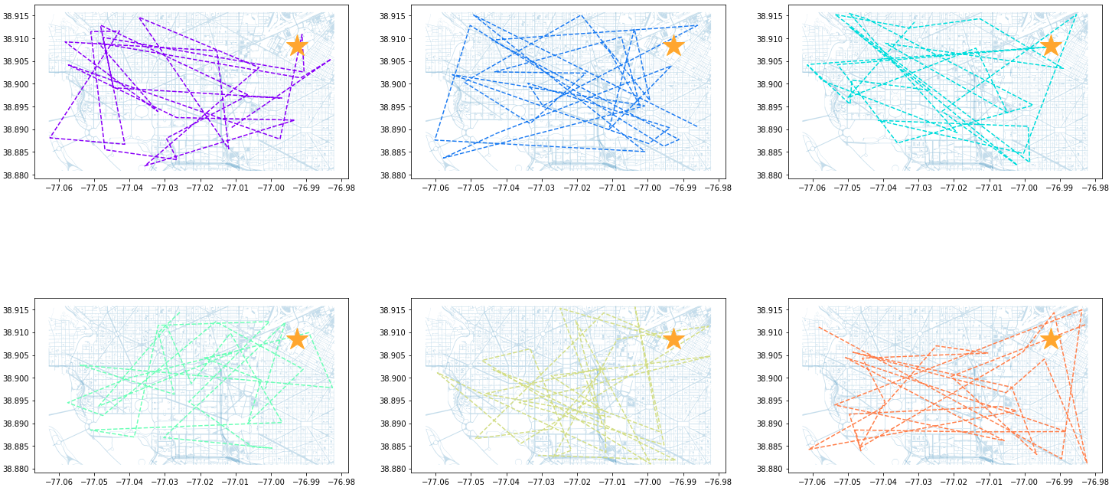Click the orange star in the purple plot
pos(297,45)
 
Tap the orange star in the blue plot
pos(673,45)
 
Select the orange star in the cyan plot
pos(1051,45)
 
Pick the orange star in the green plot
pos(297,339)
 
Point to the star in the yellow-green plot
pos(673,339)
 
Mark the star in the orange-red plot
pos(1051,339)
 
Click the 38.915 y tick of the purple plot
pos(15,16)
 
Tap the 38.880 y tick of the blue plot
pos(392,175)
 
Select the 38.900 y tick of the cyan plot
pos(769,84)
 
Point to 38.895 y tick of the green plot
pos(15,401)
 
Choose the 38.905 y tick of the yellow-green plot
pos(392,355)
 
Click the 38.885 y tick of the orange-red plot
pos(769,447)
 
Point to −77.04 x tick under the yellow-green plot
pos(506,482)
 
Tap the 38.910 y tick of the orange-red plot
pos(769,332)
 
